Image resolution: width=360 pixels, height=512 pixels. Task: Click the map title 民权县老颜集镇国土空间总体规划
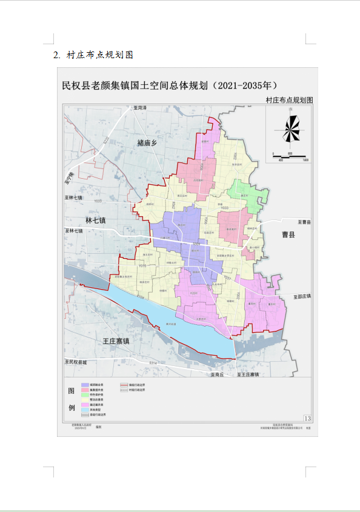pos(170,85)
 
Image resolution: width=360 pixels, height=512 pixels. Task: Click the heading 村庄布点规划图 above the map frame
pos(289,99)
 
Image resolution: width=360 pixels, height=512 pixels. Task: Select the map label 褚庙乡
pos(147,143)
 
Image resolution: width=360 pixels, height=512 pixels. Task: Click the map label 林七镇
pos(96,221)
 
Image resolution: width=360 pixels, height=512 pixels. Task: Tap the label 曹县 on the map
pos(287,234)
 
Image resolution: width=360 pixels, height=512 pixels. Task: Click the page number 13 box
pos(307,418)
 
